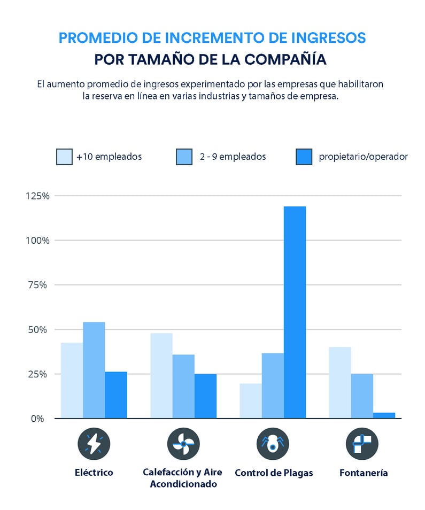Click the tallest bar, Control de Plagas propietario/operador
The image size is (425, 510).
(x=295, y=312)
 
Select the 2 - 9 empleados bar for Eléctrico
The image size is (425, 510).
(x=94, y=370)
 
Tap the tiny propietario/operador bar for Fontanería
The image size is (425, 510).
(x=384, y=415)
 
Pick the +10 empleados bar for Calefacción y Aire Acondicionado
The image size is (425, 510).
(x=161, y=375)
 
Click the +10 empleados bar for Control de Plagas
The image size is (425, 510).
(x=251, y=400)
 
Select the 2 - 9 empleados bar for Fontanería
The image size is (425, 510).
(x=362, y=396)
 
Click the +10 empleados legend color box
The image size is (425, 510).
(x=64, y=157)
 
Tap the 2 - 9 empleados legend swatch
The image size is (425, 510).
(x=184, y=157)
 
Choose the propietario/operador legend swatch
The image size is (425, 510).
(x=304, y=157)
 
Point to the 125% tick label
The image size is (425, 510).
(x=37, y=196)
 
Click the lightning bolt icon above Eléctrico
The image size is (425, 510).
(x=94, y=444)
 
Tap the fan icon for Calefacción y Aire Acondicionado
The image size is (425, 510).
(x=183, y=444)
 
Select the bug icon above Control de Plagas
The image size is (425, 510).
(x=273, y=444)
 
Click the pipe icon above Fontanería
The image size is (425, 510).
(x=362, y=444)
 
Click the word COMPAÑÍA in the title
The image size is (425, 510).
(x=284, y=59)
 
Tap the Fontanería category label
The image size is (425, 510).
(x=364, y=473)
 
